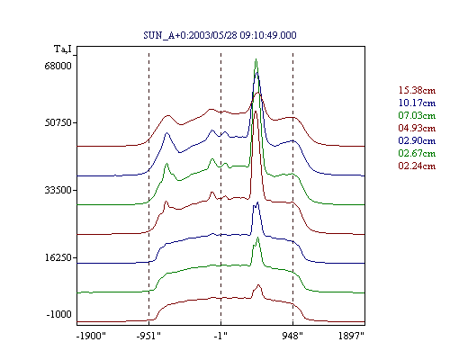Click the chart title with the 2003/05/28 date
point(220,35)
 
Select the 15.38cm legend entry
point(417,90)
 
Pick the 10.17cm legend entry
point(417,103)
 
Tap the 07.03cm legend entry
point(417,115)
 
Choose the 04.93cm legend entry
point(417,128)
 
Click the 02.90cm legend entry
point(417,140)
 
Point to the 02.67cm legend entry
point(417,153)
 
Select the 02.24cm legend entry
point(417,166)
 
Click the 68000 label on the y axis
point(58,66)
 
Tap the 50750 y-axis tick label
point(58,122)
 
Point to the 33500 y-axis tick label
point(58,190)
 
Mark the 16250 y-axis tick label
point(58,257)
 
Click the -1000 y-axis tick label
point(59,314)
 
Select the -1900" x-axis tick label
point(92,336)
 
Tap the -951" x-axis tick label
point(148,336)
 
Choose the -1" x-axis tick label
point(220,336)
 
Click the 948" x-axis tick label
point(292,336)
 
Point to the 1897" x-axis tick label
point(351,336)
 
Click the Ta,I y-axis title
point(63,49)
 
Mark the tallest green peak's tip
point(256,59)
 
